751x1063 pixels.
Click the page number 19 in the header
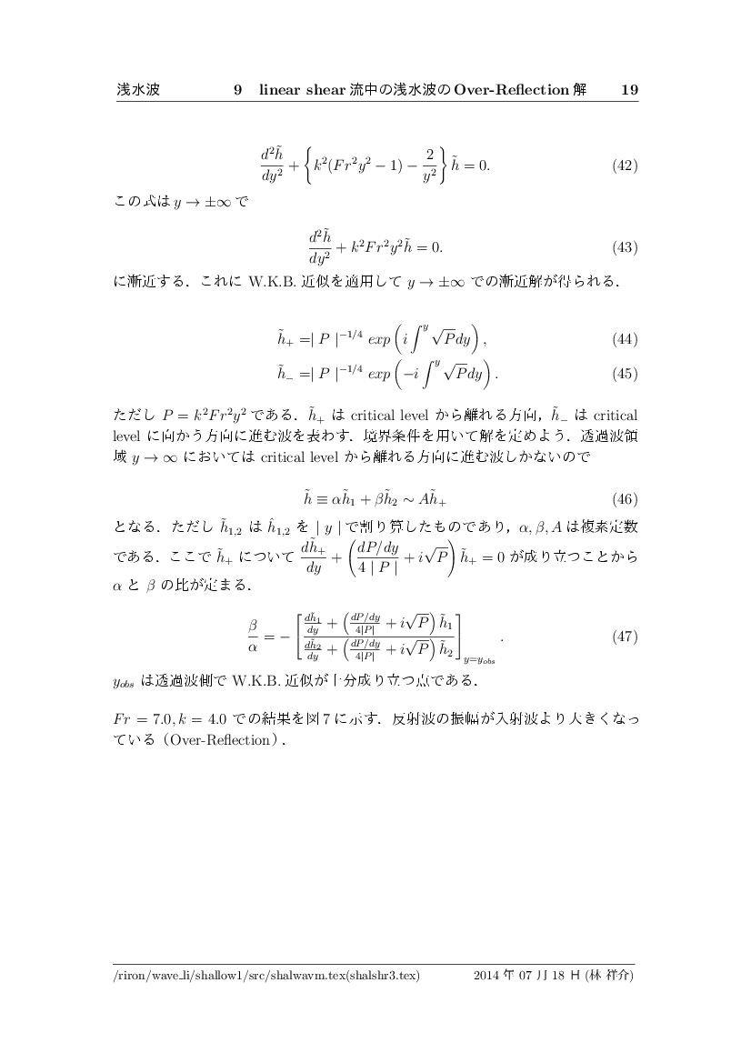pyautogui.click(x=628, y=90)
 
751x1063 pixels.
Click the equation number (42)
pyautogui.click(x=624, y=165)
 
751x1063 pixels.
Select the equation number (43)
pyautogui.click(x=624, y=246)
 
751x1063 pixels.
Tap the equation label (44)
pyautogui.click(x=624, y=339)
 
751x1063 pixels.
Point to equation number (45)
pyautogui.click(x=624, y=372)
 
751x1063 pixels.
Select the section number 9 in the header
pyautogui.click(x=237, y=90)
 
